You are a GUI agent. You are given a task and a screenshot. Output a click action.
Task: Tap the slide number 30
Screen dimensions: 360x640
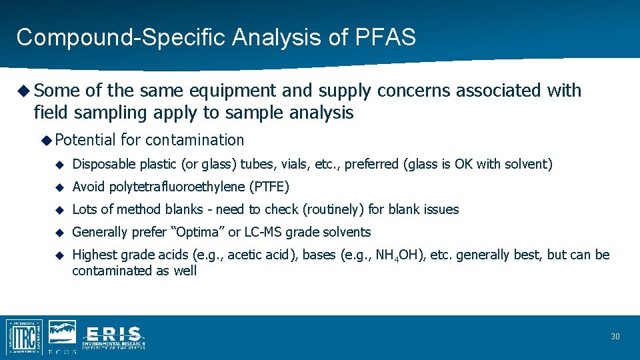pos(615,337)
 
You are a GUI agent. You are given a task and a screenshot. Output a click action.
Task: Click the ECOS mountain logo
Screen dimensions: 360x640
pos(62,333)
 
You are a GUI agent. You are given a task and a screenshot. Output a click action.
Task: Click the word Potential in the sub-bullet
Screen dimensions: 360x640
pos(86,140)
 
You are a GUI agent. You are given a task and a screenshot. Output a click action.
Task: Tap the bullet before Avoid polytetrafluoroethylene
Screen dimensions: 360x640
pos(59,187)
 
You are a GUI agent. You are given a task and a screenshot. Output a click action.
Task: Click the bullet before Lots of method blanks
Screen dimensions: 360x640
pos(59,209)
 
